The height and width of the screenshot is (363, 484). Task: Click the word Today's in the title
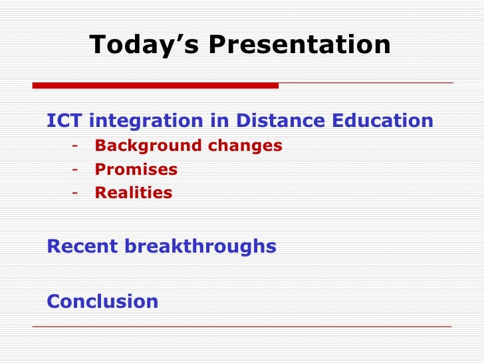pos(144,45)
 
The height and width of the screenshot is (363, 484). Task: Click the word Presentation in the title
pos(300,44)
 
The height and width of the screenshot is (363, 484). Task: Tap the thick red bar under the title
pos(156,86)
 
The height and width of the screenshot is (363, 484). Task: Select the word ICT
pos(64,120)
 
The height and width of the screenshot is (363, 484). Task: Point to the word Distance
pos(281,120)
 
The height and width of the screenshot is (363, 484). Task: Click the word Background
pos(148,146)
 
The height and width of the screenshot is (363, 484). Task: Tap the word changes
pos(245,146)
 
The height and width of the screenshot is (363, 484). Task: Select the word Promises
pos(136,169)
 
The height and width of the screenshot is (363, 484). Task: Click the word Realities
pos(134,193)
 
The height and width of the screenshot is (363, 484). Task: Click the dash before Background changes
pos(75,146)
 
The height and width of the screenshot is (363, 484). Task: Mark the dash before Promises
pos(75,170)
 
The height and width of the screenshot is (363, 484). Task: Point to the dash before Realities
pos(75,193)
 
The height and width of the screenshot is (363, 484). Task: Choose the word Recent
pos(82,246)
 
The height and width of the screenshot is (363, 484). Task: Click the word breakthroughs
pos(200,247)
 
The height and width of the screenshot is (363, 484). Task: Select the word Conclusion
pos(102,301)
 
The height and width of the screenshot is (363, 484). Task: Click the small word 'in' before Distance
pos(220,120)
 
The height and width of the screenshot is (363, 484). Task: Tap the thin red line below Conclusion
pos(242,326)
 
